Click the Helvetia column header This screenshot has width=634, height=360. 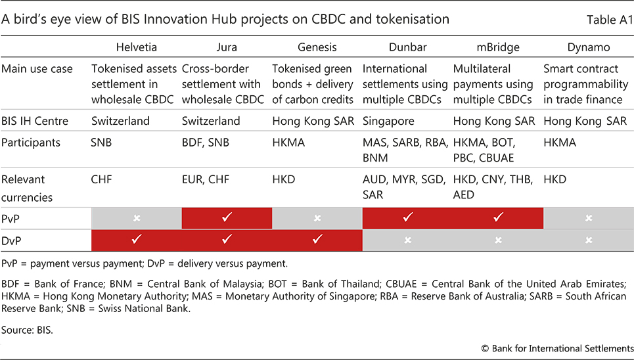136,47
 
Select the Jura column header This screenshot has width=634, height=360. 227,47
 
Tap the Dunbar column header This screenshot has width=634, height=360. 407,47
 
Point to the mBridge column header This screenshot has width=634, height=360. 498,48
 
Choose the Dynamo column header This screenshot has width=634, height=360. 588,48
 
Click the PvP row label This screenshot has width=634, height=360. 11,219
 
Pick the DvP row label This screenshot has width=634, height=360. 11,240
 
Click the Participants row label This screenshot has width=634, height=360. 31,143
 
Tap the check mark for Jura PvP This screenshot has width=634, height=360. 227,217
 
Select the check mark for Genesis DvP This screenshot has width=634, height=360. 317,240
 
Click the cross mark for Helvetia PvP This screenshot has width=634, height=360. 137,218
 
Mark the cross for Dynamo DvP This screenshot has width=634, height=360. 589,240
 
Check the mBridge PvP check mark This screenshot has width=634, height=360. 498,217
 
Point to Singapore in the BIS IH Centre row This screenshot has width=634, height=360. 388,122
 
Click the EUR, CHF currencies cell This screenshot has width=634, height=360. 206,179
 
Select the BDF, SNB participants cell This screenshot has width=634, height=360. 206,143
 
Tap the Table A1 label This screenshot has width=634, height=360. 609,20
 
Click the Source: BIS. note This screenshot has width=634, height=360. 27,330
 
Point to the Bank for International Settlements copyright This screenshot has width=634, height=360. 557,349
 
